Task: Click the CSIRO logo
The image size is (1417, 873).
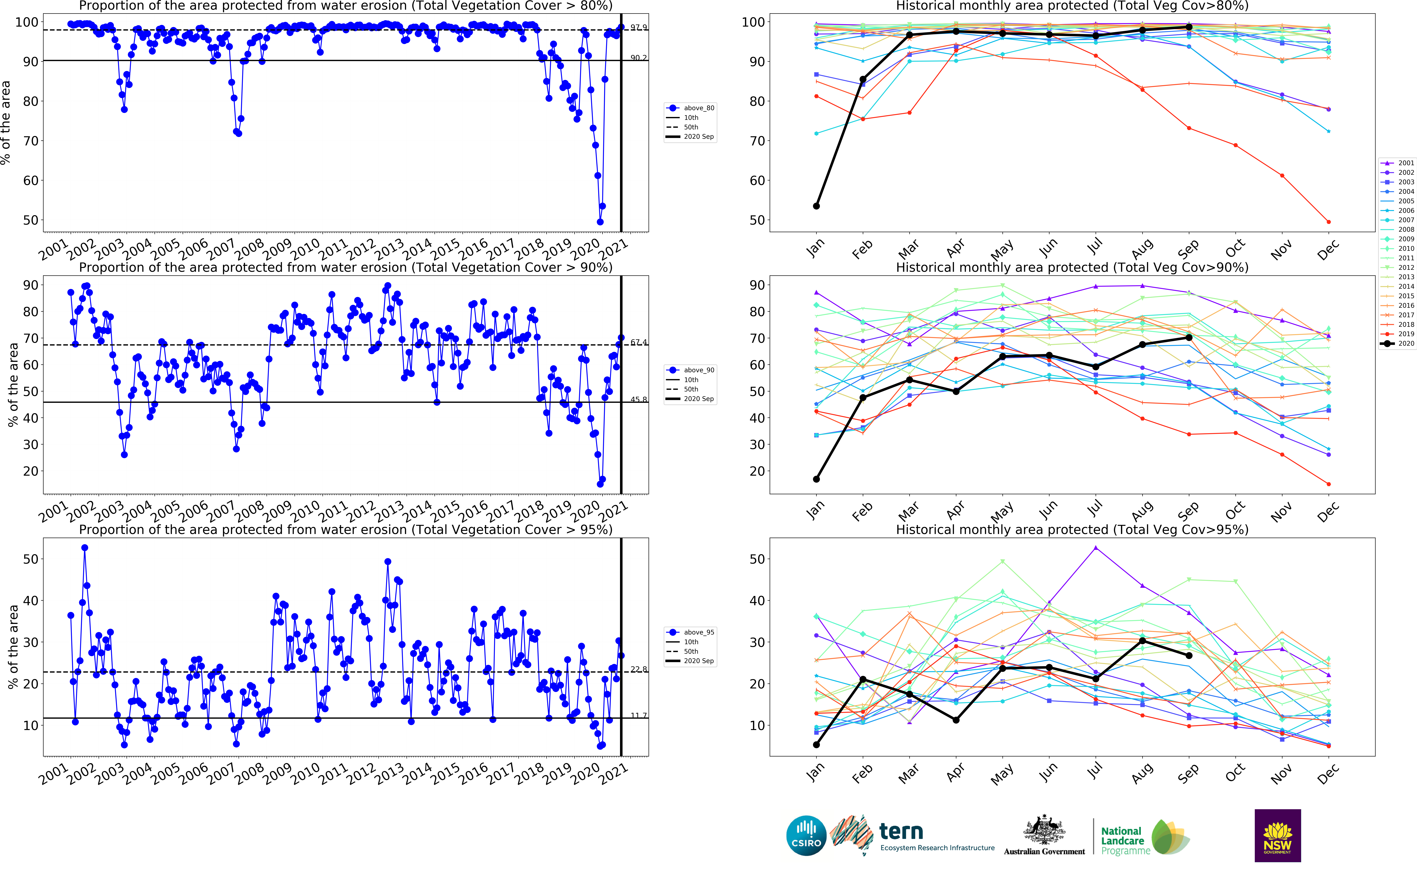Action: [806, 836]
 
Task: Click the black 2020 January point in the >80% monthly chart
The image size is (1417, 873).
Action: [816, 206]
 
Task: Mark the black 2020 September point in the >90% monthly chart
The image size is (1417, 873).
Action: [1189, 337]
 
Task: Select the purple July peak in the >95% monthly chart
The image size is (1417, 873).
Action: [1095, 548]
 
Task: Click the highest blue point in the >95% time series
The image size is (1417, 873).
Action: [84, 548]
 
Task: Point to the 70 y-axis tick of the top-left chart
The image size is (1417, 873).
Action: [30, 141]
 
